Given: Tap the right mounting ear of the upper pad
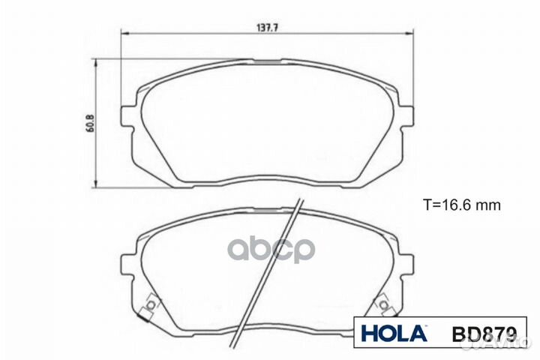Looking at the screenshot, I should [x=406, y=117].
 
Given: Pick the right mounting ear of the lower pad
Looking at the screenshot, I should [x=406, y=263].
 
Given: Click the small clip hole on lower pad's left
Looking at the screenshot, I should [x=150, y=304].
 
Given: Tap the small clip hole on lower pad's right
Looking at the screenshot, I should [x=383, y=304].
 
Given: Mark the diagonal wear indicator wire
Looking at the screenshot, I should [x=270, y=270].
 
